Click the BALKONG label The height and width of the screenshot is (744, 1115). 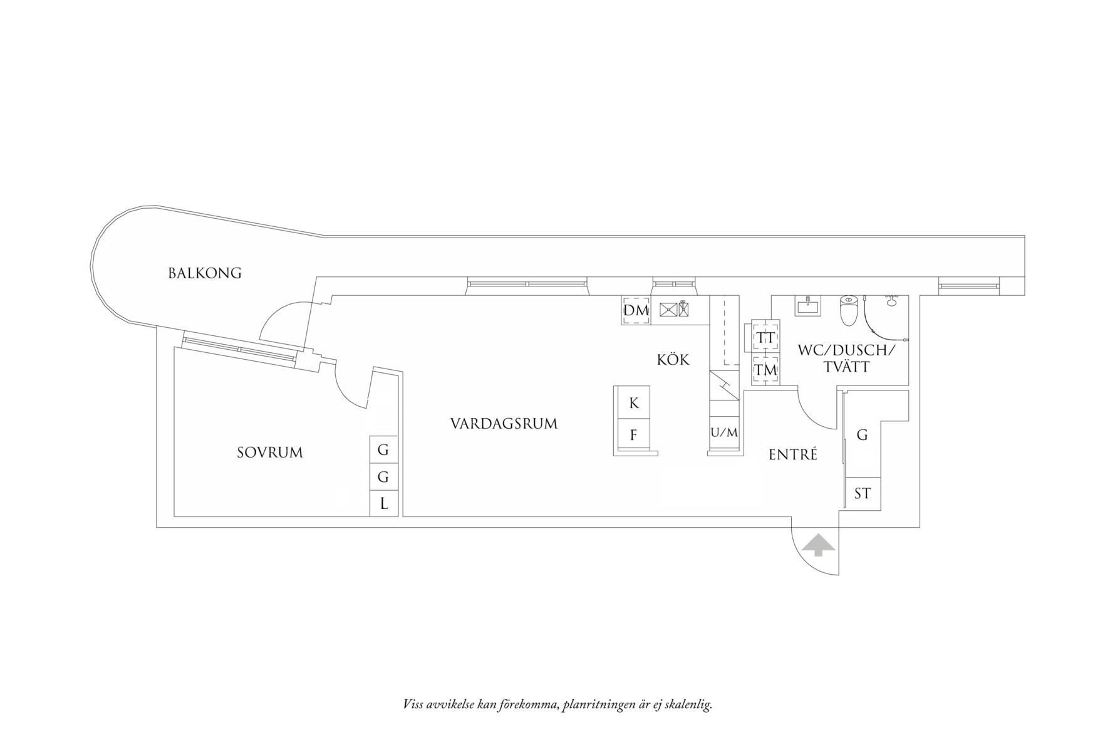coord(204,273)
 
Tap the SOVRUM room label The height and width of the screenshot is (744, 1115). coord(269,453)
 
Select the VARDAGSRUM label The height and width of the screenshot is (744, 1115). coord(504,424)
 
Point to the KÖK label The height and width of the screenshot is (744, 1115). coord(673,360)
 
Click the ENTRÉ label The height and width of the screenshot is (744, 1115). coord(793,455)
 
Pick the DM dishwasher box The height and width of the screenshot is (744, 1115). coord(636,310)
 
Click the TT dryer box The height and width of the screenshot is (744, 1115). coord(765,338)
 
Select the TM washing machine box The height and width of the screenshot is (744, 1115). coord(765,370)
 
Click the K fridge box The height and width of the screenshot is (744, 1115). coord(633,403)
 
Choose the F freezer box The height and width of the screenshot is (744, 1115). coord(633,435)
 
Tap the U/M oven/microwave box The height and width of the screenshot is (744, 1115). coord(724,432)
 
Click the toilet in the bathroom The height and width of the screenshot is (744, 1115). coord(848,312)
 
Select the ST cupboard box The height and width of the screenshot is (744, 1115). coord(862,494)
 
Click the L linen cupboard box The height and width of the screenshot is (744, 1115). coord(384,503)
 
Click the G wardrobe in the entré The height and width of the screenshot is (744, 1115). coord(862,435)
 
